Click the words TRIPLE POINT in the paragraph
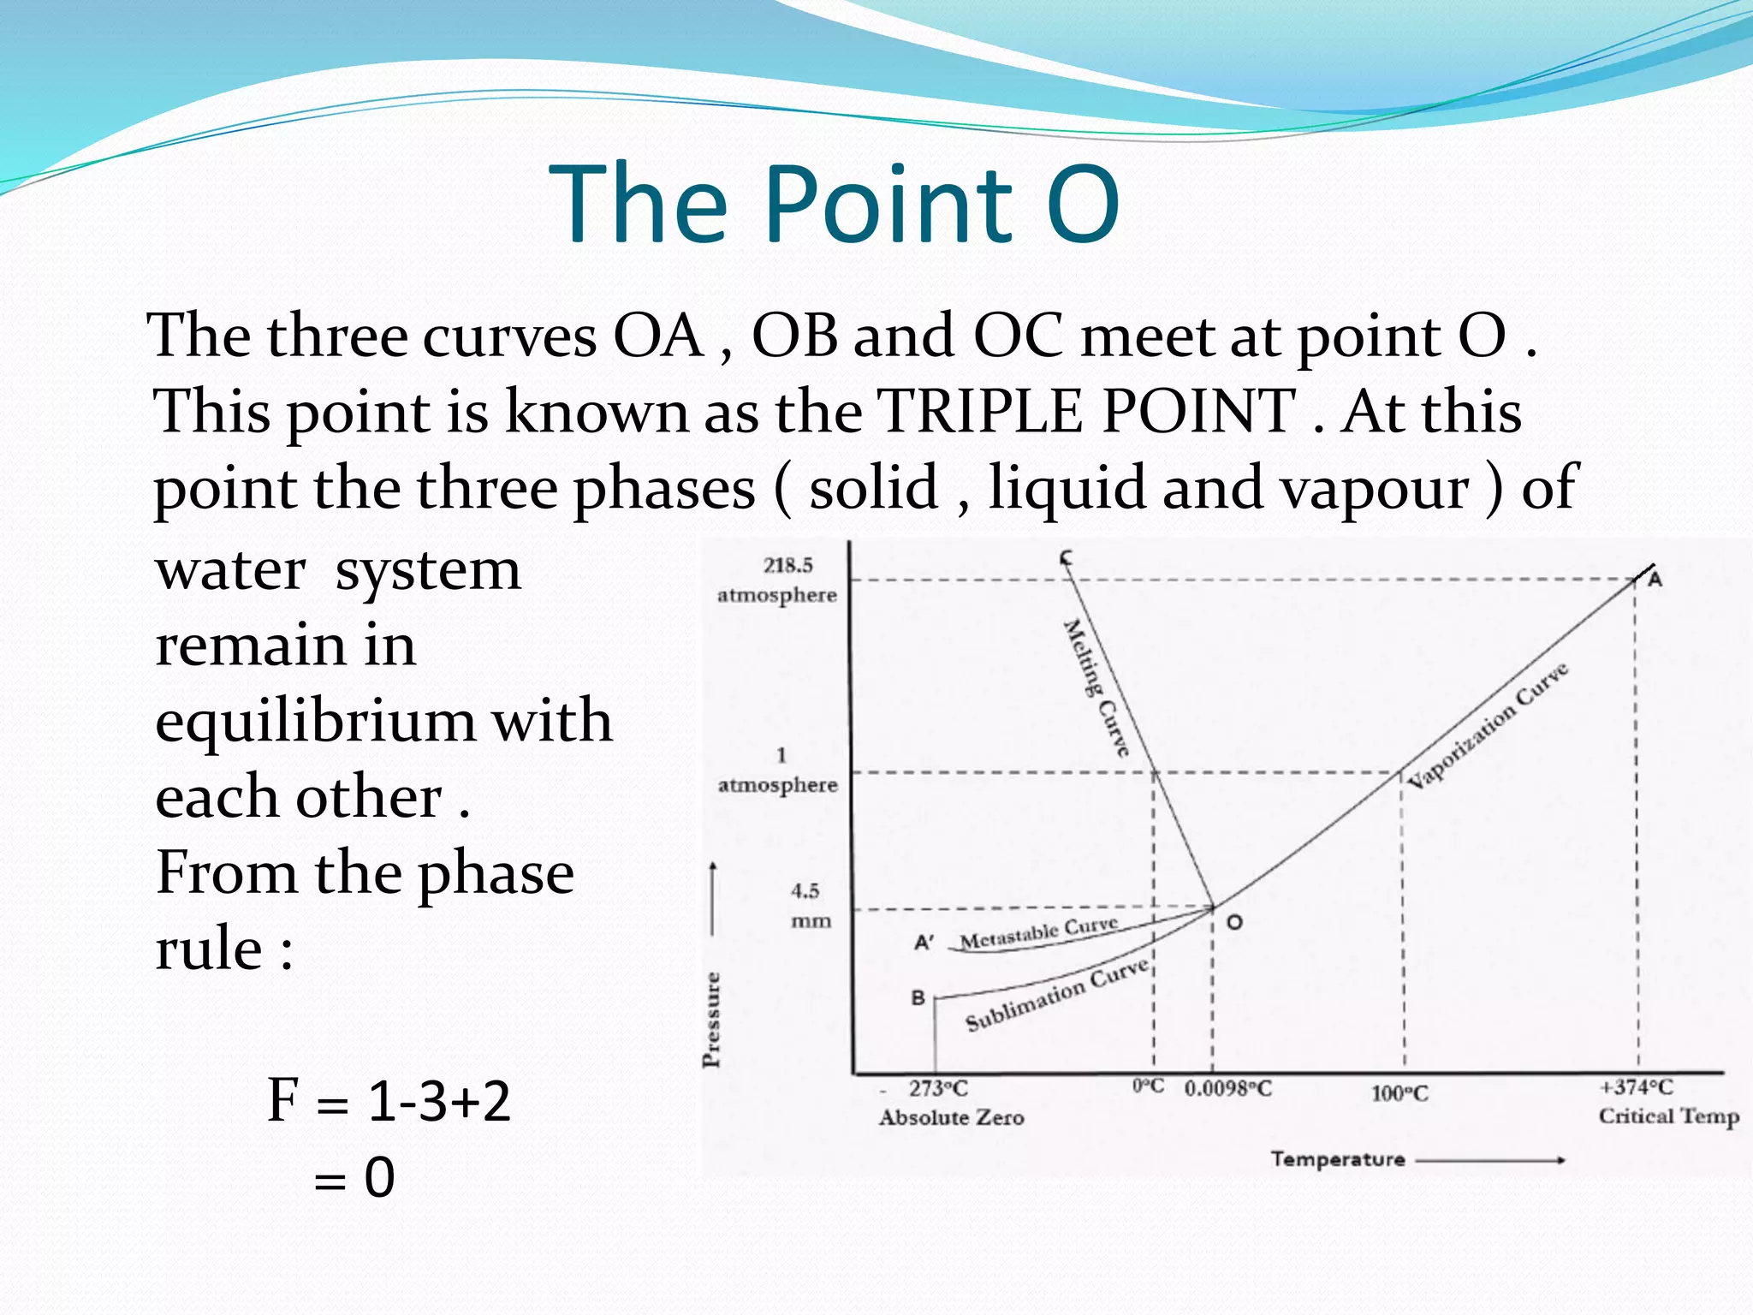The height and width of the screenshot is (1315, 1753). tap(1087, 412)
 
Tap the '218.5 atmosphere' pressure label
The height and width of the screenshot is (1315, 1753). tap(777, 580)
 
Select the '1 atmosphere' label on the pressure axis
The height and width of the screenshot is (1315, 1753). tap(777, 771)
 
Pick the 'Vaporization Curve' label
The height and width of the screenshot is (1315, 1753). tap(1489, 725)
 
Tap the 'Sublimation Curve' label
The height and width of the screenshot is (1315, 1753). tap(1057, 996)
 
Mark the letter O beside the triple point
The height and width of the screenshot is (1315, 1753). tap(1234, 923)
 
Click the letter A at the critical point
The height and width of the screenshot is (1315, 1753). tap(1655, 580)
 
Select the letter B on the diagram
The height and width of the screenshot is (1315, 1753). tap(918, 998)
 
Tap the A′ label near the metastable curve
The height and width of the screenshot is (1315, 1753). tap(924, 943)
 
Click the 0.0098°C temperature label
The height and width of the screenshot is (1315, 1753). tap(1228, 1089)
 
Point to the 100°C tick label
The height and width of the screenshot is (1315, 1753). tap(1400, 1094)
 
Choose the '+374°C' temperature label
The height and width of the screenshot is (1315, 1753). tap(1636, 1087)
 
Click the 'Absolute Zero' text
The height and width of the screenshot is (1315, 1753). tap(951, 1118)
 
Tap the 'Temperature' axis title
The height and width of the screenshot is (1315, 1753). tap(1338, 1159)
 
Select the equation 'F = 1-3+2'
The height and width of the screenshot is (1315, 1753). tap(389, 1101)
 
